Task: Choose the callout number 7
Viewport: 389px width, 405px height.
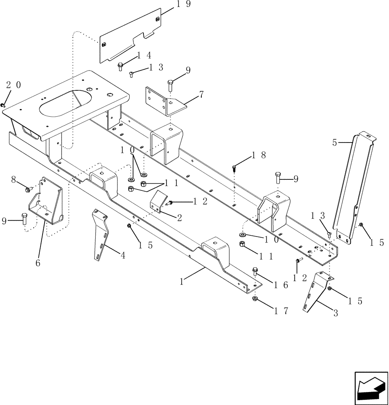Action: [201, 95]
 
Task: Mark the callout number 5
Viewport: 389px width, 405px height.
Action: [335, 143]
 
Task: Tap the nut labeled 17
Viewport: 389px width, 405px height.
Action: [255, 299]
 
